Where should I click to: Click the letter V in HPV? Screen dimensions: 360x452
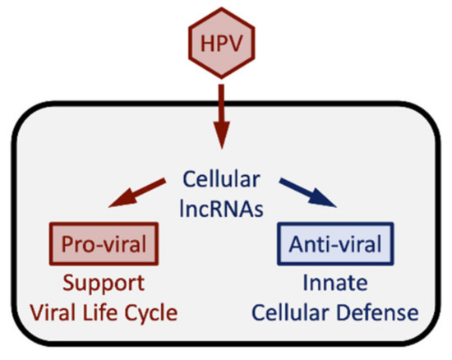tap(242, 41)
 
